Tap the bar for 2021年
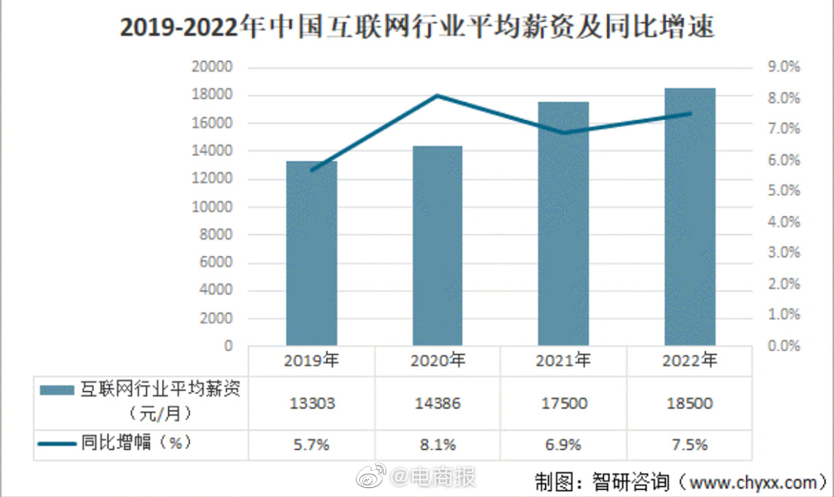pyautogui.click(x=563, y=223)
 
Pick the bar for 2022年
pyautogui.click(x=690, y=216)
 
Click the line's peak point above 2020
pyautogui.click(x=437, y=96)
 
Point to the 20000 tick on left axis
pyautogui.click(x=212, y=67)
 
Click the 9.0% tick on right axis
pyautogui.click(x=783, y=67)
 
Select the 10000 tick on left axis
pyautogui.click(x=212, y=207)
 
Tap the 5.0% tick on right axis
pyautogui.click(x=783, y=191)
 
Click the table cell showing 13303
pyautogui.click(x=312, y=403)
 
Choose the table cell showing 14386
pyautogui.click(x=437, y=403)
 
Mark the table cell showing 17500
pyautogui.click(x=563, y=403)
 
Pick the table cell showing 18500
pyautogui.click(x=690, y=403)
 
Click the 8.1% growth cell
pyautogui.click(x=437, y=444)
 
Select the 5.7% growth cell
pyautogui.click(x=312, y=444)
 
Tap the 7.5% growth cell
pyautogui.click(x=690, y=444)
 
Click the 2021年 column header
pyautogui.click(x=563, y=360)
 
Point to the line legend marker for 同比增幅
pyautogui.click(x=57, y=444)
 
